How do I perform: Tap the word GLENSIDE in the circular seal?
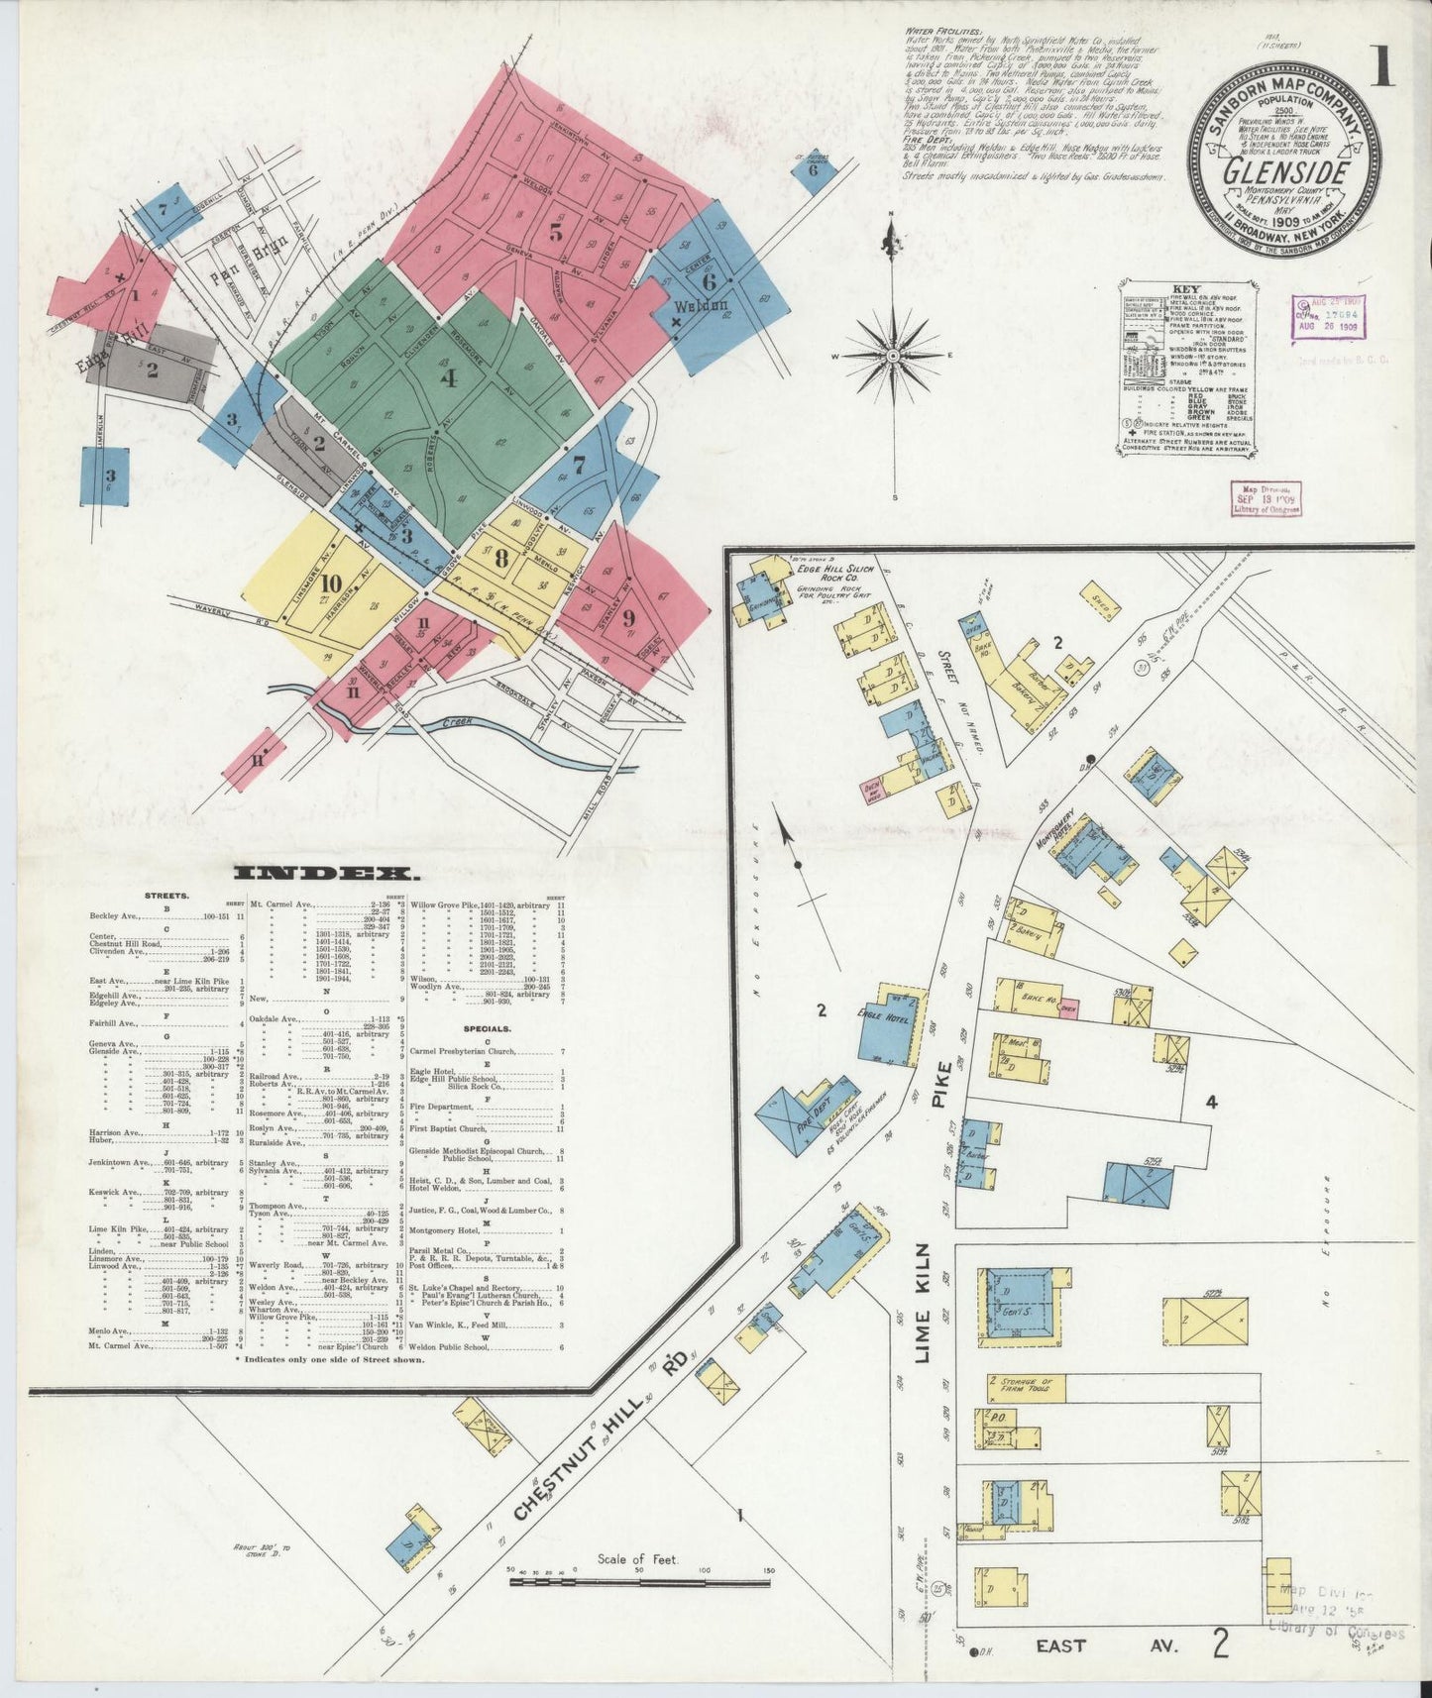[1286, 171]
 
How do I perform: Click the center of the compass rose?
[893, 354]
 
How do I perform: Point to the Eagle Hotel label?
[883, 1014]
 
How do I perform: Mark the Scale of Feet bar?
[639, 1582]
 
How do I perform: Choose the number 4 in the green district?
[449, 377]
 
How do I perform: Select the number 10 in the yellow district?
[331, 584]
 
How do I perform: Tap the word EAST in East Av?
[1060, 1645]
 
